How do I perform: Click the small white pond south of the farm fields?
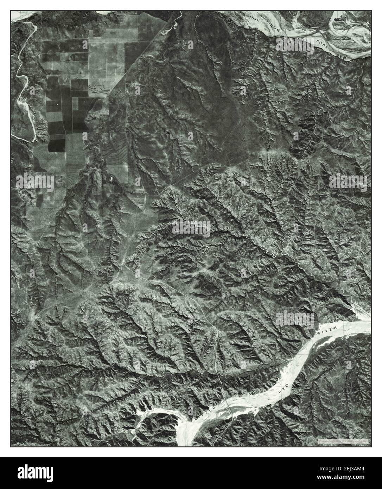pos(112,179)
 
